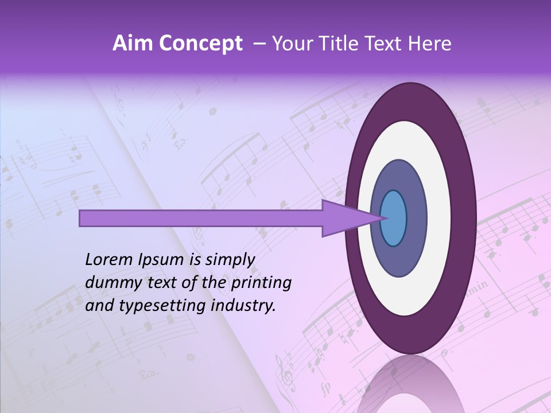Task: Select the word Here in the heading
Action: tap(430, 44)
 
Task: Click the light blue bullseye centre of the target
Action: tap(394, 218)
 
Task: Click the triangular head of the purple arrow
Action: tap(344, 218)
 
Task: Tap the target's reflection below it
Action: tap(409, 384)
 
